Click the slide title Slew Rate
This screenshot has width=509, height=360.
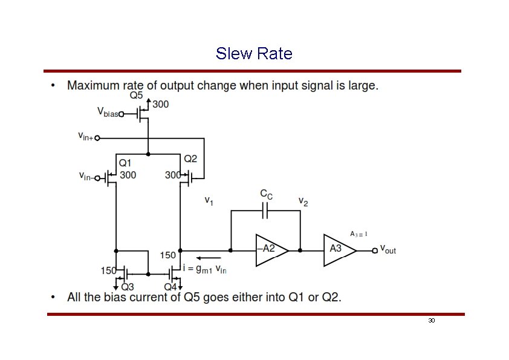[254, 54]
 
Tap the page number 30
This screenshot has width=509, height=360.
[431, 320]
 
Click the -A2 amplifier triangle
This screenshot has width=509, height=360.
[270, 249]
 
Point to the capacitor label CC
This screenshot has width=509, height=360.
[266, 194]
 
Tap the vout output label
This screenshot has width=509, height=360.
[387, 249]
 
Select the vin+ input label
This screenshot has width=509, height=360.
[85, 137]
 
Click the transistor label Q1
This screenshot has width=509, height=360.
[125, 162]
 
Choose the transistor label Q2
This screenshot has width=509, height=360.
[190, 159]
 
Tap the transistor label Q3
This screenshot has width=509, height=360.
[128, 287]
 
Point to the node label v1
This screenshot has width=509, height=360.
[208, 200]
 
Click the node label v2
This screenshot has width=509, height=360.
[303, 201]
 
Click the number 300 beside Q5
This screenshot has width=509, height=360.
[160, 104]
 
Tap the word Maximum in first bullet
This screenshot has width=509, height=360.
[92, 85]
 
